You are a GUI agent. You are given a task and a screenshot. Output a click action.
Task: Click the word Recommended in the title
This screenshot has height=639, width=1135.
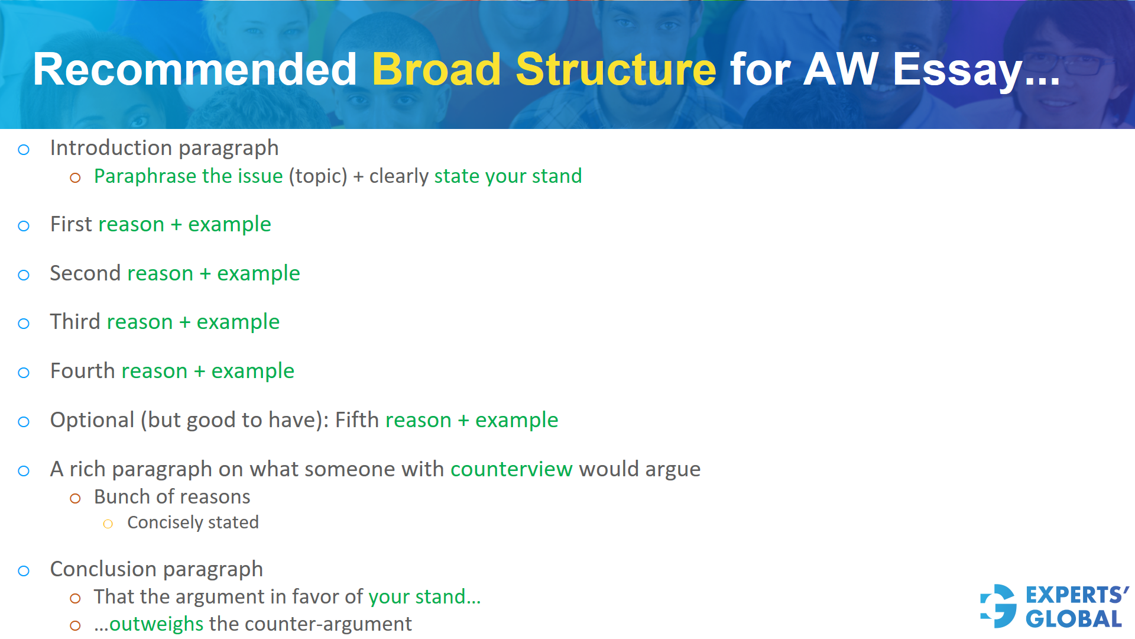(x=194, y=69)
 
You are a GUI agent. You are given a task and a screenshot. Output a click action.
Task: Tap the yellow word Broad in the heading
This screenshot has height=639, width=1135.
(x=436, y=69)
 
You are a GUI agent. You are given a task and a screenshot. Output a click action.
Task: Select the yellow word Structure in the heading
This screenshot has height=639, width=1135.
(x=615, y=69)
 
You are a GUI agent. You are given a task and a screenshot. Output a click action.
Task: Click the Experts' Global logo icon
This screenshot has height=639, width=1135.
(x=998, y=606)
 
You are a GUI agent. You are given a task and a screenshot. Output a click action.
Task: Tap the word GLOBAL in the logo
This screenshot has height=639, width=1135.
(x=1074, y=619)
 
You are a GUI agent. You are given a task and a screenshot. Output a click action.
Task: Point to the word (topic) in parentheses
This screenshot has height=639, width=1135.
(x=318, y=176)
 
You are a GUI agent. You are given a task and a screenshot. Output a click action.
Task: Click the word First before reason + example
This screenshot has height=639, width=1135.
(x=71, y=224)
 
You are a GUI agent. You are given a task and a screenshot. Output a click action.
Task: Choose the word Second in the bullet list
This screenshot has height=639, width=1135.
(x=85, y=273)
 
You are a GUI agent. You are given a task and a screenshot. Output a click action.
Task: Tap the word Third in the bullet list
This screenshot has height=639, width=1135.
(x=75, y=322)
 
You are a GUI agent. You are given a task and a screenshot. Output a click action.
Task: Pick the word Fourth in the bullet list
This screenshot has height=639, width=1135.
(x=82, y=371)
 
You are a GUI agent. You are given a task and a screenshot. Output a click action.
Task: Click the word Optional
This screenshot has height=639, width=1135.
(x=92, y=420)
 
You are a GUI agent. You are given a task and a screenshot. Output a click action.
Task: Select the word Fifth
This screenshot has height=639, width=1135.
(x=356, y=420)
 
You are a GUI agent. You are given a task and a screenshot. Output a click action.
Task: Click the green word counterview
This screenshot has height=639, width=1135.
(x=511, y=469)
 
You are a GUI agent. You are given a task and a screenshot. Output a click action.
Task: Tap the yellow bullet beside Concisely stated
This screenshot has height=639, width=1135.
(x=108, y=524)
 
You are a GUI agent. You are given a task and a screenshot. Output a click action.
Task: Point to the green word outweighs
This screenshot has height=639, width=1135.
(x=157, y=624)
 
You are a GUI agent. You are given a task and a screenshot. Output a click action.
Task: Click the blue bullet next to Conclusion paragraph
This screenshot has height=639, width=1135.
(x=24, y=571)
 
